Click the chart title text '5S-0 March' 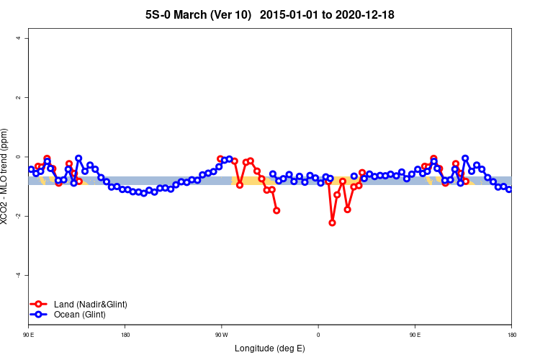tap(185, 14)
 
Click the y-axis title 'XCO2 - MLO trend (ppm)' tap(6, 176)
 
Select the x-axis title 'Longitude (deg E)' tap(270, 348)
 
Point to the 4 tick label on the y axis tap(19, 38)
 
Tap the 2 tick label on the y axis tap(19, 97)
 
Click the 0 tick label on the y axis tap(19, 157)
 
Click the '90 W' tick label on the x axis tap(221, 335)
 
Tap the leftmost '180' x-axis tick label tap(125, 335)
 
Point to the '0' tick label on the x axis tap(318, 335)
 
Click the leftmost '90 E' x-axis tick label tap(28, 335)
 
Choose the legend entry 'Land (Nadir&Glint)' tap(90, 305)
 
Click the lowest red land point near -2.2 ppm tap(332, 222)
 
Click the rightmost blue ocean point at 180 tap(509, 189)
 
